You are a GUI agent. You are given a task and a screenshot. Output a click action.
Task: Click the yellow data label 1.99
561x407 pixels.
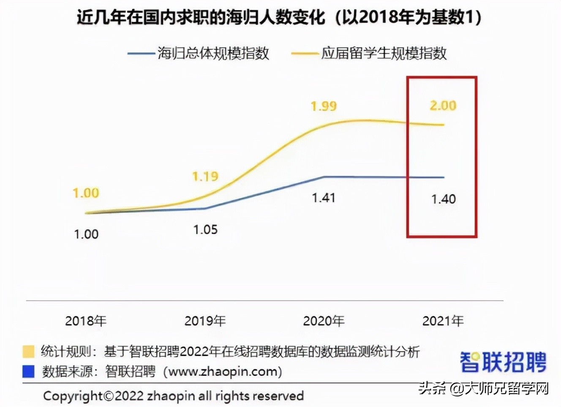(324, 106)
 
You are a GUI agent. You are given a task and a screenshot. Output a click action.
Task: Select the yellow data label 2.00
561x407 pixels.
(443, 105)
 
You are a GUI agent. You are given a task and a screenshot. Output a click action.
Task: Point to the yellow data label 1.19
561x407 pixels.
(205, 176)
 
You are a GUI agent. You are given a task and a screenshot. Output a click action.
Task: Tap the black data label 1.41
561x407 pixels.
(324, 198)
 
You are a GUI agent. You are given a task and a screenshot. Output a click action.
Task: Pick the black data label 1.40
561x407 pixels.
(443, 199)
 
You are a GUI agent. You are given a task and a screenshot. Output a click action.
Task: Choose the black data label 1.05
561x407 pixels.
(205, 230)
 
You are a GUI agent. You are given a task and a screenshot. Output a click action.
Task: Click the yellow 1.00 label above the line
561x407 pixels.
(86, 193)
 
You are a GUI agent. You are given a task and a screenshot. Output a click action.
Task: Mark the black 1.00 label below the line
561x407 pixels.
(86, 234)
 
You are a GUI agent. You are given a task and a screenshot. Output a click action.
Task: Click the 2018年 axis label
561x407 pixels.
(86, 321)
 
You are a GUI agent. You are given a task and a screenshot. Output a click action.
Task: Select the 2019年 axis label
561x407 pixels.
(205, 321)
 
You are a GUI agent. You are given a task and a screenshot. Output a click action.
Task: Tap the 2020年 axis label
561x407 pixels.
(324, 321)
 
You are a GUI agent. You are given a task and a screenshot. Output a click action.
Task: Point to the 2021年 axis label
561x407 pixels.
(443, 321)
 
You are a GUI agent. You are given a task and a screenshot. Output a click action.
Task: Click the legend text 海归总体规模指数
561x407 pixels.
(213, 53)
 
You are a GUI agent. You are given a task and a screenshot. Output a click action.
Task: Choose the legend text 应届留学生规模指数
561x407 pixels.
(384, 53)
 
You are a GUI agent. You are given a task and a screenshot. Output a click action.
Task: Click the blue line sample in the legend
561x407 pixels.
(141, 54)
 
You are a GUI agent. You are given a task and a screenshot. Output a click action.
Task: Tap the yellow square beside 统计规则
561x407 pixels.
(28, 351)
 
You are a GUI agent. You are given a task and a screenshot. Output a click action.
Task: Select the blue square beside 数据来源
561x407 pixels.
(28, 372)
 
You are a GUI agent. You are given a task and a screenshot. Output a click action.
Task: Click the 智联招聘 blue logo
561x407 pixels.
(503, 362)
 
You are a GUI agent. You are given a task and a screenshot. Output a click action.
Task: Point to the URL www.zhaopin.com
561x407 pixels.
(223, 372)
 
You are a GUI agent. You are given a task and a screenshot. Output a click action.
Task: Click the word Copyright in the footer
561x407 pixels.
(73, 396)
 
